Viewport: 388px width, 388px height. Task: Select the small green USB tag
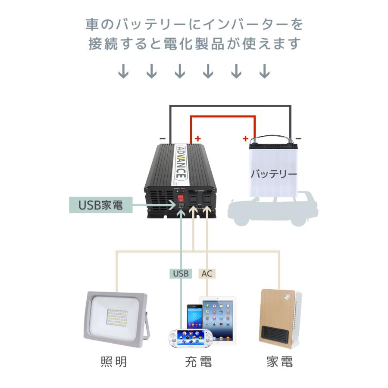pos(181,273)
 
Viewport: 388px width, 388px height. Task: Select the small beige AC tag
pos(207,273)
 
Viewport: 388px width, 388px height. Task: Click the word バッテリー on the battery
pos(274,175)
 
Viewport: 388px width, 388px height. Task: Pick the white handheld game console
pos(189,338)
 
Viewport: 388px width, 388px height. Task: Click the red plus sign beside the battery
pos(245,138)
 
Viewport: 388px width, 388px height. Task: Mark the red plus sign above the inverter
pos(198,138)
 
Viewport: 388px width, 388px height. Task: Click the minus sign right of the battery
pos(299,138)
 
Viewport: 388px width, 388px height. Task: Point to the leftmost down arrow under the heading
pos(124,71)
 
